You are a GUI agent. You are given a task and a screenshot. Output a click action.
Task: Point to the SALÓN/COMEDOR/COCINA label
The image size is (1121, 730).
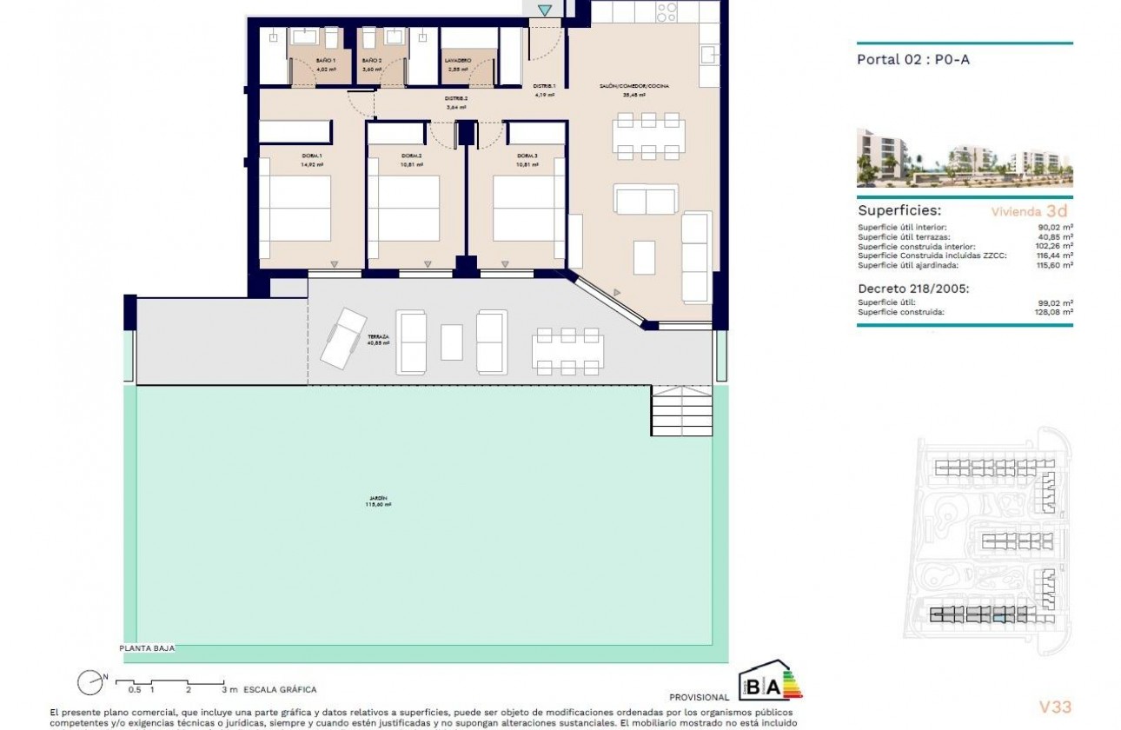[634, 86]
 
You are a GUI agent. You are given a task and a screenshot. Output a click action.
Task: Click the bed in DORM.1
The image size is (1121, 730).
[295, 209]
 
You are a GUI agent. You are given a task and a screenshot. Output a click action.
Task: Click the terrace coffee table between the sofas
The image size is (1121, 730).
[451, 342]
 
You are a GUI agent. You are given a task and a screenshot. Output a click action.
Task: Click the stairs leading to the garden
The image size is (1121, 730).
[681, 411]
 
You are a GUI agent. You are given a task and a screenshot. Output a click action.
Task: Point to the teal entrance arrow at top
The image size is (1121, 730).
[544, 10]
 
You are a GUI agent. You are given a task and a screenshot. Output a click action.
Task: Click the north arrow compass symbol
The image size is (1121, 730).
[90, 683]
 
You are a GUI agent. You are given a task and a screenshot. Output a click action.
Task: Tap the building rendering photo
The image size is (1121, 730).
[964, 158]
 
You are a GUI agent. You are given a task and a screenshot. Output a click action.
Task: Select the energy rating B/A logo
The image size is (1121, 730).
[769, 685]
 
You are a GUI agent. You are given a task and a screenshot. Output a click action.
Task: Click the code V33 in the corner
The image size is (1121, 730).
[1055, 707]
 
